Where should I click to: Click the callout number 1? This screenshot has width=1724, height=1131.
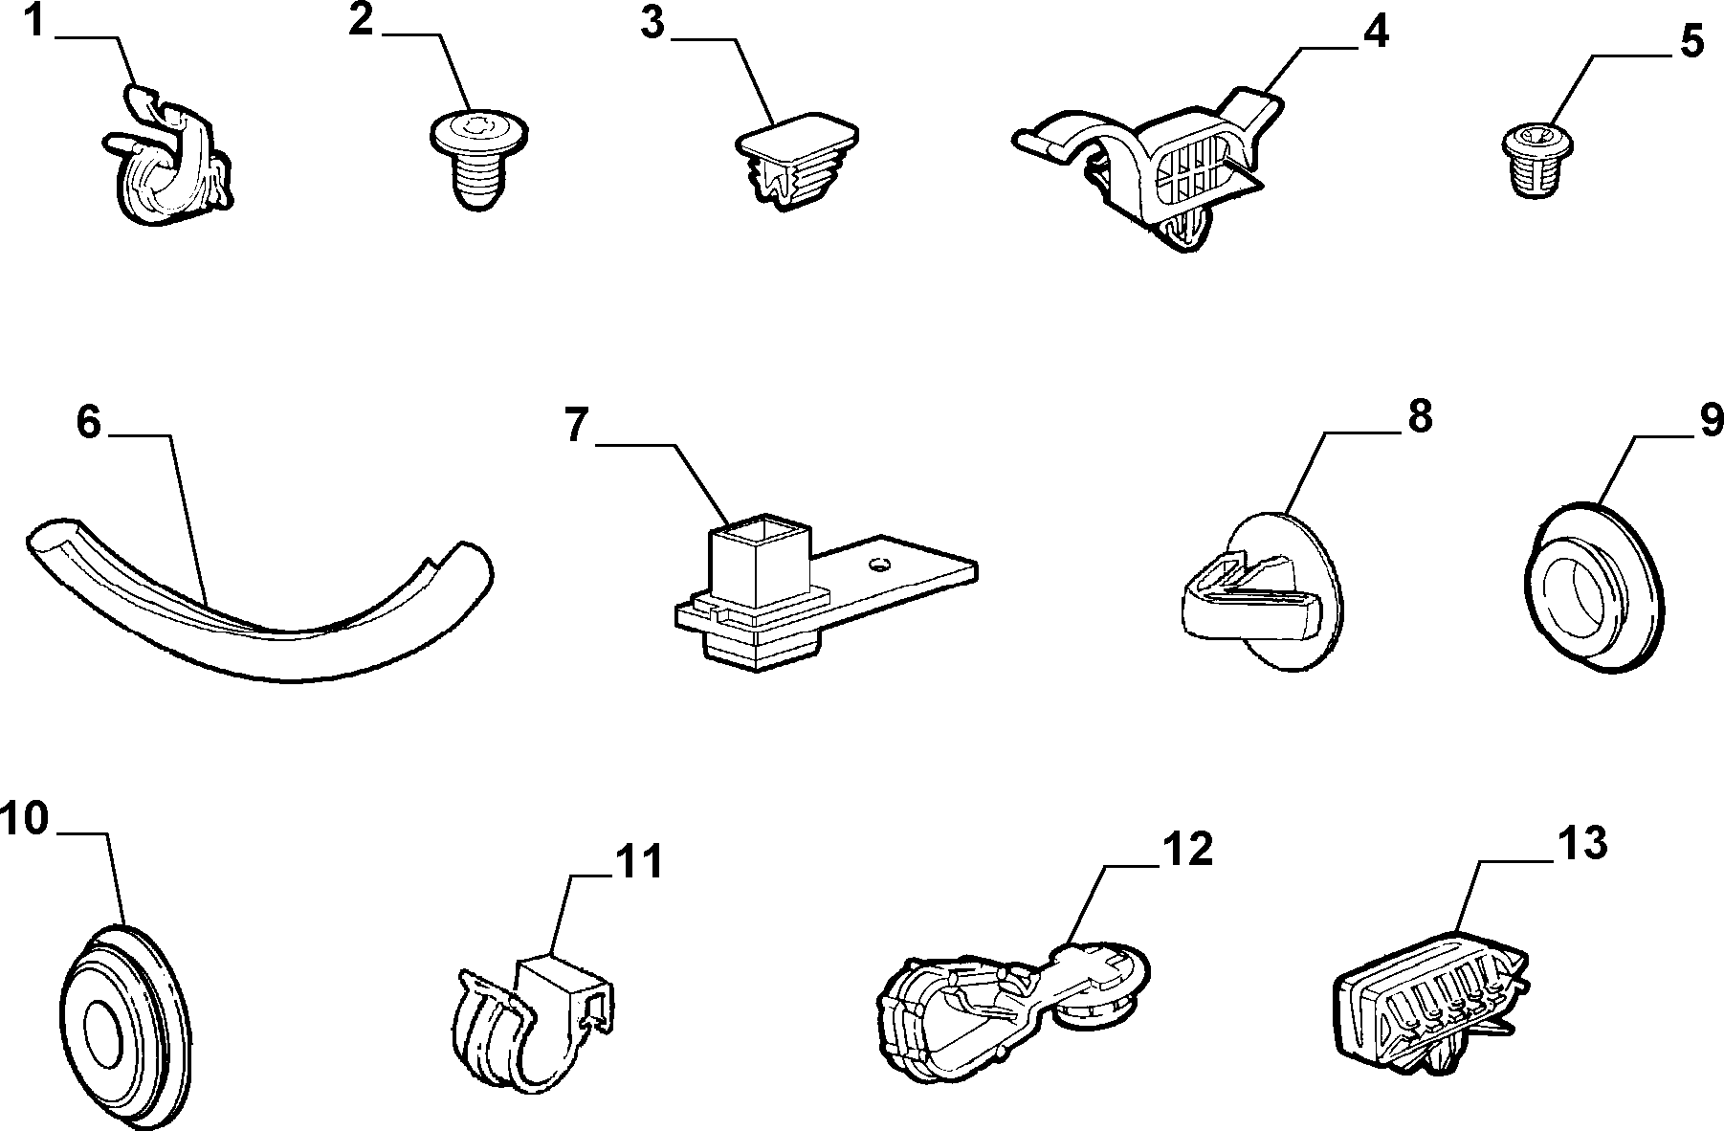33,21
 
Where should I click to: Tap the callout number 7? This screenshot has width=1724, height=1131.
574,425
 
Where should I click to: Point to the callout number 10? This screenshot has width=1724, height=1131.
24,819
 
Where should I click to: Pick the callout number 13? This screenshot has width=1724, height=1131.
1581,843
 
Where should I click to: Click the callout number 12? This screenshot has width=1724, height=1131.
1186,849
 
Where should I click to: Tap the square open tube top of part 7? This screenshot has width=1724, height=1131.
763,528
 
